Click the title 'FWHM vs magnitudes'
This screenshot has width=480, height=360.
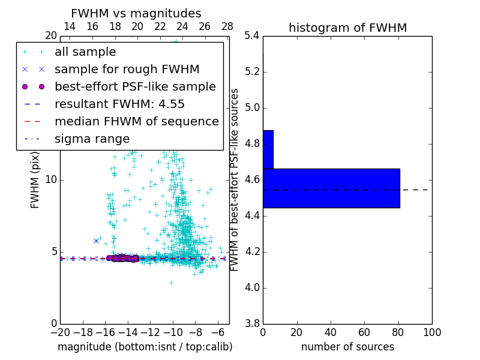point(136,14)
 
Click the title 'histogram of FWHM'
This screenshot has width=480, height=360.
point(347,28)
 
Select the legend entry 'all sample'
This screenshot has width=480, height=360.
point(85,52)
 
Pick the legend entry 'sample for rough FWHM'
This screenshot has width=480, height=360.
point(127,70)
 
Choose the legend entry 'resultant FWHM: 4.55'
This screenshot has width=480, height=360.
point(119,104)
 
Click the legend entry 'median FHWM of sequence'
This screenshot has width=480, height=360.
point(136,122)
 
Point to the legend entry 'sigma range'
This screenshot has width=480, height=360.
point(92,139)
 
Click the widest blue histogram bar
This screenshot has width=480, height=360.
point(331,188)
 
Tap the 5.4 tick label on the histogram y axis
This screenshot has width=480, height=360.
point(251,36)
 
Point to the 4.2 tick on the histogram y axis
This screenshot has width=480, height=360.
point(251,251)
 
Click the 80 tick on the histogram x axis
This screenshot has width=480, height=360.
point(398,332)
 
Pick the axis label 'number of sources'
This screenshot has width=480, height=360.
point(347,347)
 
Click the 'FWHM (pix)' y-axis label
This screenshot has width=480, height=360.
point(35,179)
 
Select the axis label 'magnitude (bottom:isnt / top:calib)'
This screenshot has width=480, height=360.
point(145,347)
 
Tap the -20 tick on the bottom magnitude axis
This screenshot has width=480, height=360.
point(60,332)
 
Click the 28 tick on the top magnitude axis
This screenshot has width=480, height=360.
point(227,26)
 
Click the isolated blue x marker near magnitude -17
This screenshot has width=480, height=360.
point(96,241)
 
